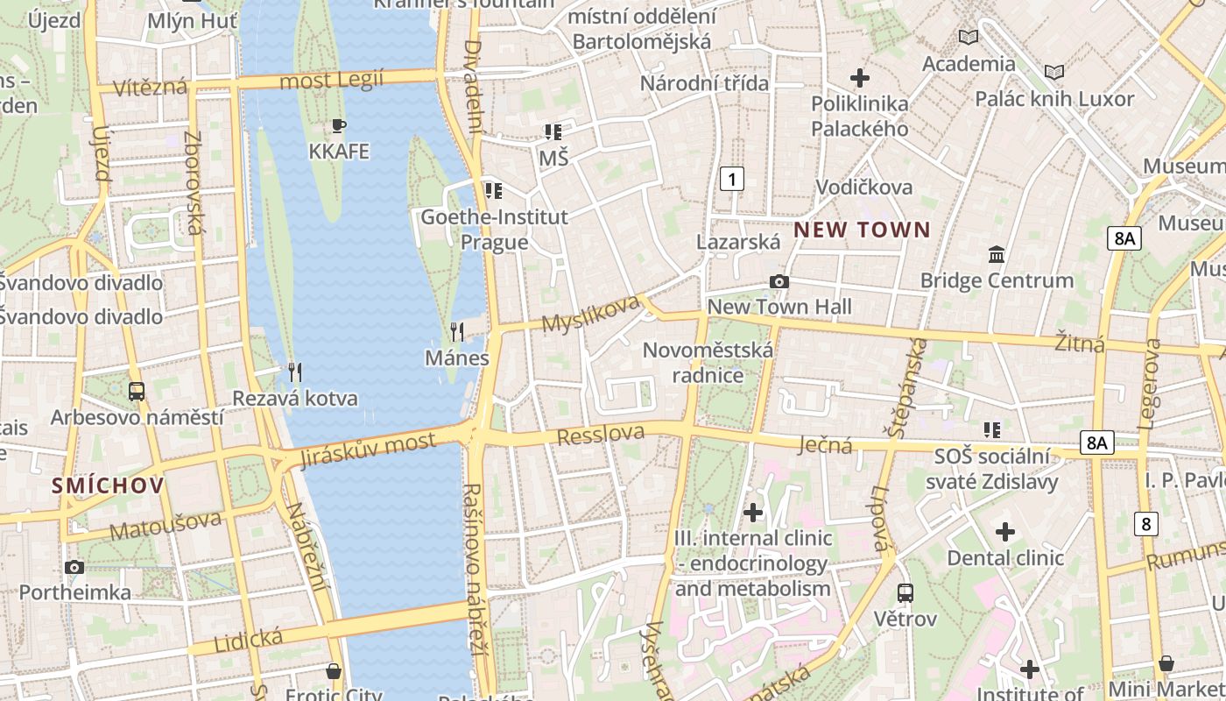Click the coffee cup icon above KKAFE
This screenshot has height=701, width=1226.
tap(339, 126)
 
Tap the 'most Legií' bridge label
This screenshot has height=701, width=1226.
tap(331, 81)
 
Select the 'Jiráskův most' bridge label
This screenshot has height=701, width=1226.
tap(367, 450)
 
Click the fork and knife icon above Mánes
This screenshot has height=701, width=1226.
tap(457, 331)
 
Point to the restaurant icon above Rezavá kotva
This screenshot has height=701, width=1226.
tap(295, 372)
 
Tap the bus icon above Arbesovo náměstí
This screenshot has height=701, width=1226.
tap(137, 391)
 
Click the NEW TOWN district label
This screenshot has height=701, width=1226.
tap(862, 230)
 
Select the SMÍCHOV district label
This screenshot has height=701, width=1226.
tap(108, 485)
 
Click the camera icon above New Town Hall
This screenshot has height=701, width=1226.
tap(779, 281)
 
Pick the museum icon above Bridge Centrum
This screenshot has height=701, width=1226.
tap(997, 255)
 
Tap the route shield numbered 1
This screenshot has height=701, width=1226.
tap(731, 180)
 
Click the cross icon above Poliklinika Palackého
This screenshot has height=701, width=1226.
tap(860, 78)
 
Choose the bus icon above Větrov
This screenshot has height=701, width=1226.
tap(905, 592)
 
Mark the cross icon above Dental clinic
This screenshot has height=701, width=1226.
tap(1005, 532)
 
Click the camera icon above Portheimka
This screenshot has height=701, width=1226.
tap(74, 567)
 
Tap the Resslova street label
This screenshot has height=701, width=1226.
tap(601, 434)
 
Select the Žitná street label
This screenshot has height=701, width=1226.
tap(1080, 343)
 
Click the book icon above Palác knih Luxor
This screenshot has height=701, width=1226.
tap(1054, 72)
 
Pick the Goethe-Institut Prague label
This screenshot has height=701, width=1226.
tap(495, 229)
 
